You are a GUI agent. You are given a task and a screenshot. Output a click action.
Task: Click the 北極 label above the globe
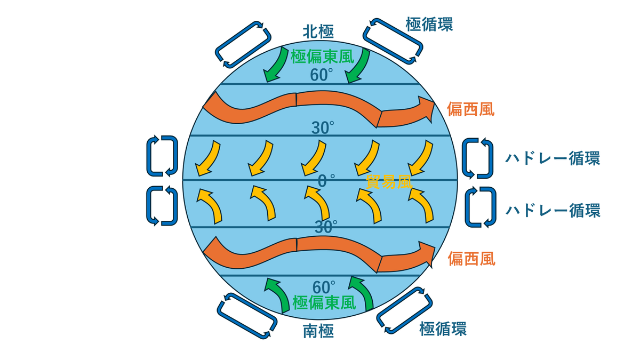318,32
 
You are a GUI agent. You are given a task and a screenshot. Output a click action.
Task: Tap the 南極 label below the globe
318,332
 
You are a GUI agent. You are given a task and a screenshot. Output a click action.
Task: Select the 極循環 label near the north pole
429,25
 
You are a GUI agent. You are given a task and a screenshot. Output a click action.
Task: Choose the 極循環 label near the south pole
443,329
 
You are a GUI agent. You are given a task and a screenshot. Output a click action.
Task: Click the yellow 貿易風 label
389,182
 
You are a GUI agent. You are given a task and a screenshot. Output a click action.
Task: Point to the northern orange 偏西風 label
470,109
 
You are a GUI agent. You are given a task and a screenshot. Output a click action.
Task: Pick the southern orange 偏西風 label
471,259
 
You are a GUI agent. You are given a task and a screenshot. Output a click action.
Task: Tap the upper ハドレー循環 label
553,158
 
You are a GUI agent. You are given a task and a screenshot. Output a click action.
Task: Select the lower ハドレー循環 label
553,211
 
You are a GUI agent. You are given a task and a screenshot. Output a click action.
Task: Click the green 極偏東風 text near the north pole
322,57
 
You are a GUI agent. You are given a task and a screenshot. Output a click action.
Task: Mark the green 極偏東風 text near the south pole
324,303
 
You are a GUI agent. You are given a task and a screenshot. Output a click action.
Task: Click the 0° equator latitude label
326,181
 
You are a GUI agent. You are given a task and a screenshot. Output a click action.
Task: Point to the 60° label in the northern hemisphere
322,75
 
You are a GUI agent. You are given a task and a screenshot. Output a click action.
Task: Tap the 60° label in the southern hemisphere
324,287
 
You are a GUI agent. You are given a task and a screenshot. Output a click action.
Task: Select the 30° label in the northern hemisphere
323,127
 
